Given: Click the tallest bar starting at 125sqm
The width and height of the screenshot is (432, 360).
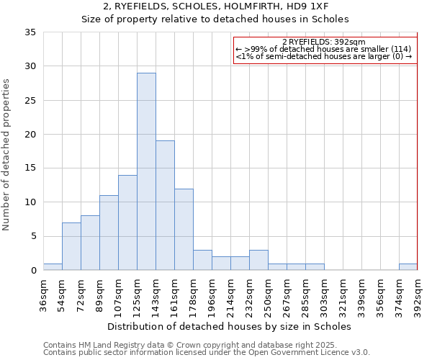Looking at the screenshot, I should pyautogui.click(x=146, y=171).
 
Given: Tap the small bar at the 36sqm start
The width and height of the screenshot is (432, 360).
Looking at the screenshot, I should pyautogui.click(x=53, y=266).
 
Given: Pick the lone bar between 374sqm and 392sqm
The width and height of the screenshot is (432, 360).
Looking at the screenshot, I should pyautogui.click(x=408, y=266).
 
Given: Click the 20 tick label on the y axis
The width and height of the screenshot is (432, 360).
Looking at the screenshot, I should pyautogui.click(x=30, y=135).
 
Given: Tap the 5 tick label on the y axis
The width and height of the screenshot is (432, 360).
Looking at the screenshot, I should pyautogui.click(x=32, y=236).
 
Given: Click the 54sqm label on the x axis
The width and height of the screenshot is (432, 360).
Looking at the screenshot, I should pyautogui.click(x=62, y=294).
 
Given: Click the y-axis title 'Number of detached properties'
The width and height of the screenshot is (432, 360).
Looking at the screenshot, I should pyautogui.click(x=6, y=155).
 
